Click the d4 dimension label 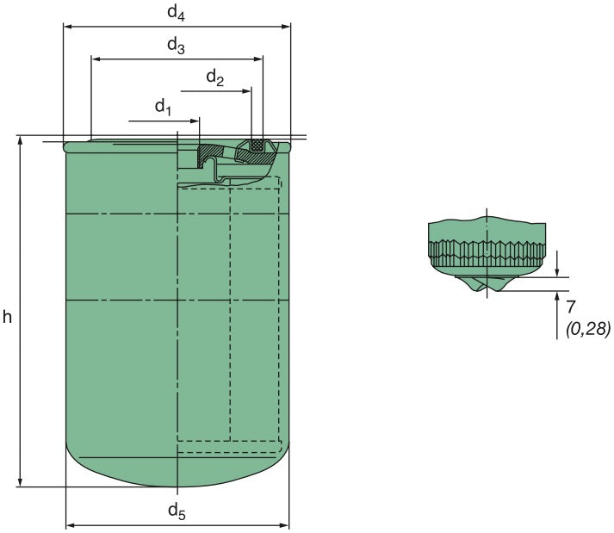(x=176, y=12)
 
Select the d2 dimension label (x=214, y=79)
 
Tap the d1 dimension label (x=164, y=107)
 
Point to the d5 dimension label (x=176, y=512)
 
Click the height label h (x=7, y=317)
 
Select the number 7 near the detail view (x=571, y=307)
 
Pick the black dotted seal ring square (x=256, y=145)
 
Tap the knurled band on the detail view (x=487, y=251)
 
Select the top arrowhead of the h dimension (x=19, y=140)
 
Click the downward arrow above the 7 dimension (x=558, y=272)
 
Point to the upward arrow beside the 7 (x=558, y=296)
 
